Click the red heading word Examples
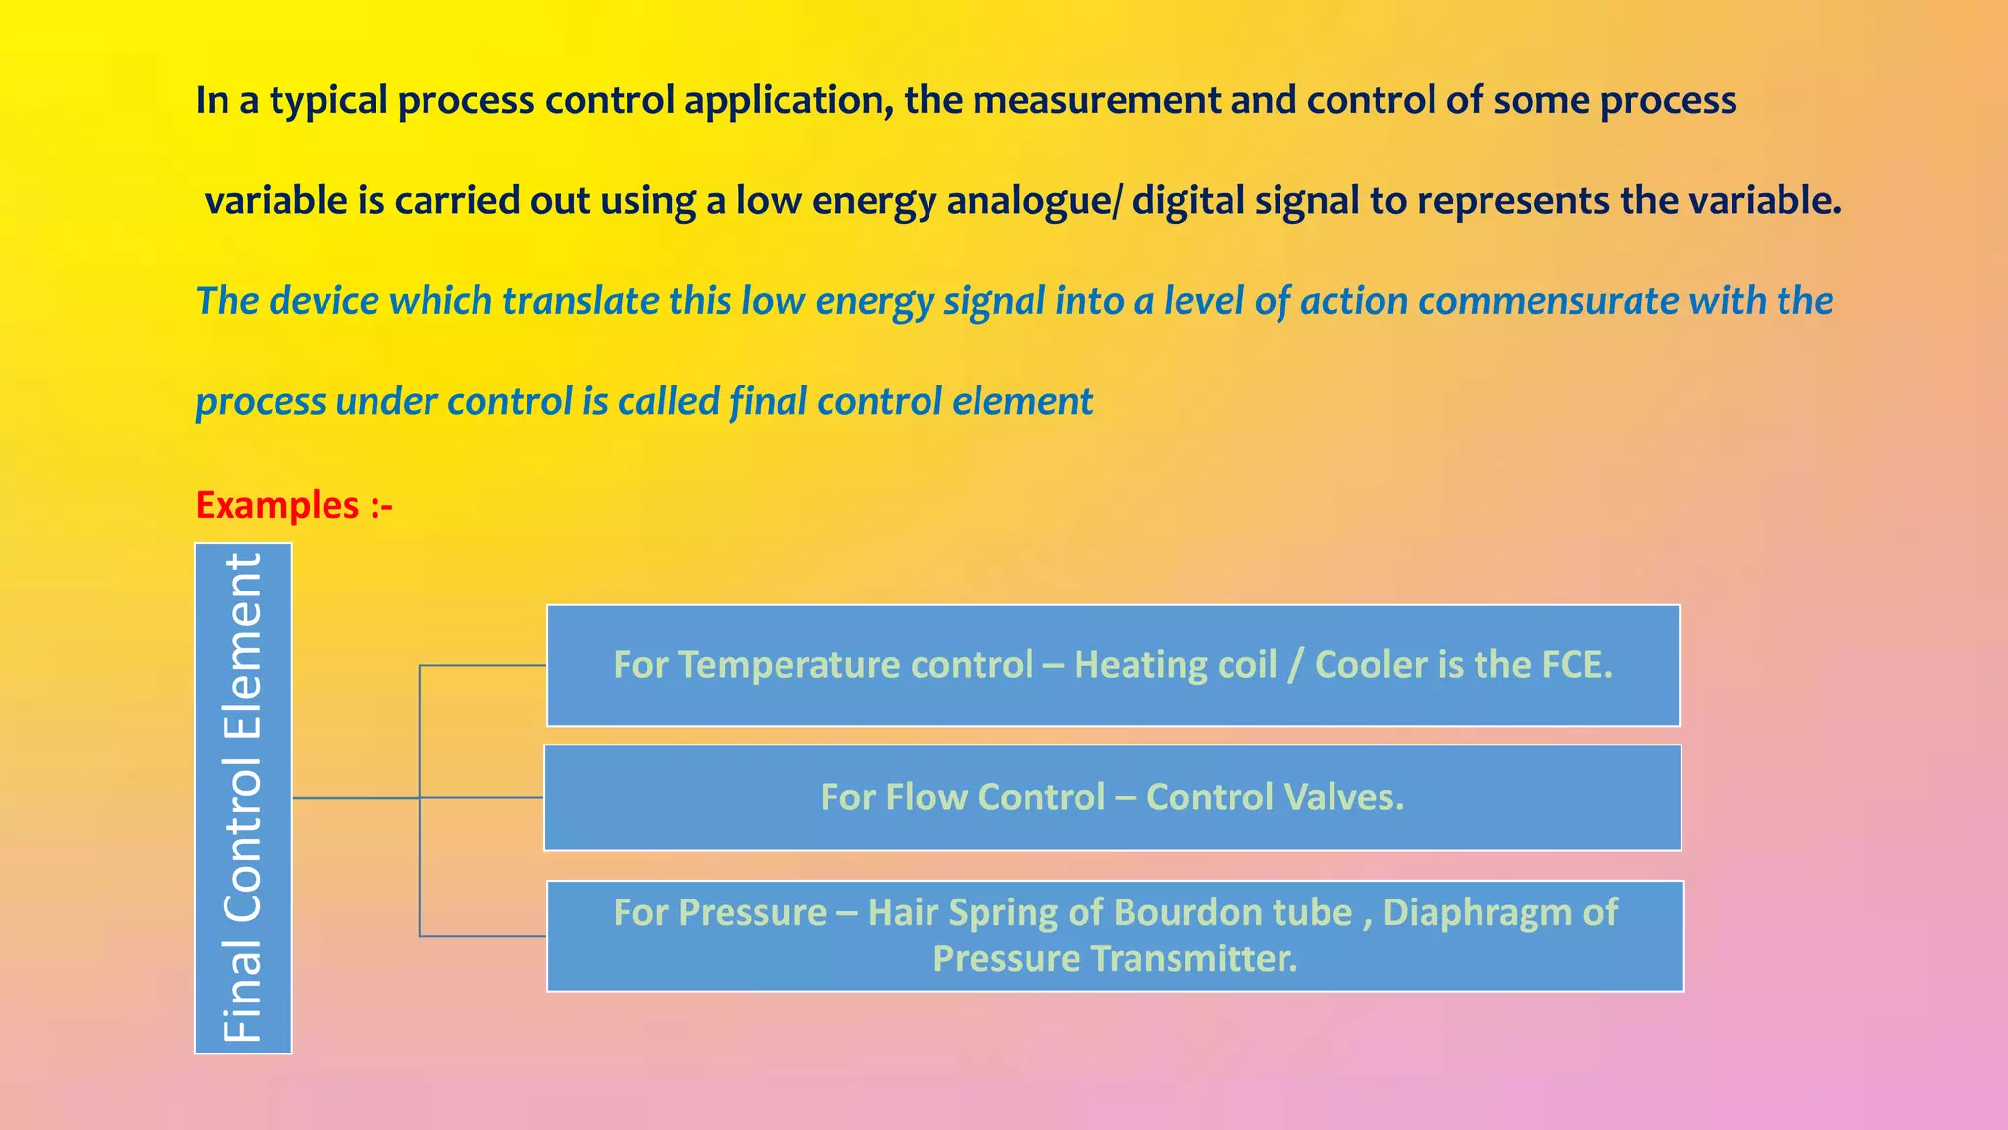click(x=277, y=506)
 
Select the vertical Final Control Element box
click(x=243, y=798)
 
